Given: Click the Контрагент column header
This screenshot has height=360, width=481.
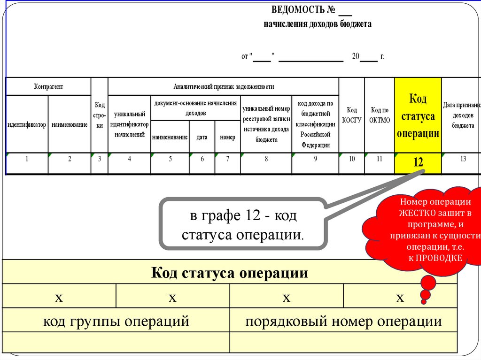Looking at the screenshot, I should [48, 86].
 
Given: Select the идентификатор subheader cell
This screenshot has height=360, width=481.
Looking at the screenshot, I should [27, 124].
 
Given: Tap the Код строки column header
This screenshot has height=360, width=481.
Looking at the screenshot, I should [100, 115].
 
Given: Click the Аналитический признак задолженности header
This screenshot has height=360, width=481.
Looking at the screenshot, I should [224, 86].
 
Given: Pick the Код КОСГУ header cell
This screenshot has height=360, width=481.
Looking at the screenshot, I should [352, 115].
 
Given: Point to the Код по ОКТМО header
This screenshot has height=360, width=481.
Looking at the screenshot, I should [380, 115].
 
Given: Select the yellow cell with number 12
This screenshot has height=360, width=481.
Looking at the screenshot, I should [418, 162].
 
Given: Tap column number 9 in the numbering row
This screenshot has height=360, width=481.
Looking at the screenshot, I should [315, 159].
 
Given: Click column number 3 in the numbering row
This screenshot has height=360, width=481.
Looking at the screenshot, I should [100, 159].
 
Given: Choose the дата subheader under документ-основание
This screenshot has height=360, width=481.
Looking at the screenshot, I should [202, 137].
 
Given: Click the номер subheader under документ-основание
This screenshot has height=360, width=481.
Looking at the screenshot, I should [227, 137].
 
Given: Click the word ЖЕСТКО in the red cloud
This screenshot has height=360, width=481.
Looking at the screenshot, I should [414, 213].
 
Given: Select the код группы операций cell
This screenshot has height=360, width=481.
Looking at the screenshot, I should [116, 322].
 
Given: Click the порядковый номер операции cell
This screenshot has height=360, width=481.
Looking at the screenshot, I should [343, 322].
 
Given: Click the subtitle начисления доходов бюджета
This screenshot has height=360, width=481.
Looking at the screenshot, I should [318, 24].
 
